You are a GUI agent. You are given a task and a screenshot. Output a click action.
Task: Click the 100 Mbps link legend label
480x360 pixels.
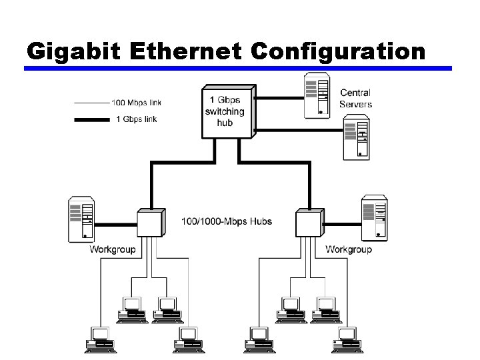[136, 103]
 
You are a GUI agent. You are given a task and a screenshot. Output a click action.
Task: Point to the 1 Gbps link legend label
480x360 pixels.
[137, 119]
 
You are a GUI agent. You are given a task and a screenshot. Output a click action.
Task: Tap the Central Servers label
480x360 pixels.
[355, 98]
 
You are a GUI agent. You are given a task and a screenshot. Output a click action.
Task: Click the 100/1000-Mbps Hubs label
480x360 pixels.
[227, 221]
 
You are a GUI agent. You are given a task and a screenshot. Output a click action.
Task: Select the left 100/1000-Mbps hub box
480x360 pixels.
[149, 222]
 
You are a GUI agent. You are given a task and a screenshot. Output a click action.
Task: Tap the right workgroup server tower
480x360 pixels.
[373, 218]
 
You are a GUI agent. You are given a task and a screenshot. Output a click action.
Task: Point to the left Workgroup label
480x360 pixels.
[113, 250]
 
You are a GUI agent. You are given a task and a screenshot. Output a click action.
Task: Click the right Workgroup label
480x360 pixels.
[348, 250]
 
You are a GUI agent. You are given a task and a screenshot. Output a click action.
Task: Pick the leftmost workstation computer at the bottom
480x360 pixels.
[100, 339]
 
